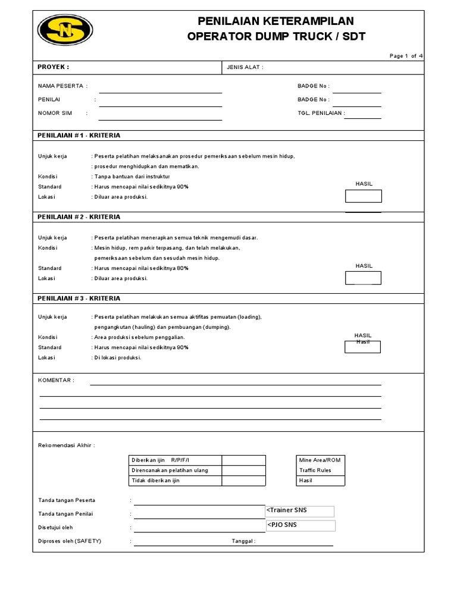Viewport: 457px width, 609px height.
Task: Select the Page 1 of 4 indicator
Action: [406, 56]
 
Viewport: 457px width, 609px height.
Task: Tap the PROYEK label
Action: [54, 67]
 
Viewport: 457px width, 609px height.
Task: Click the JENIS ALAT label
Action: [245, 68]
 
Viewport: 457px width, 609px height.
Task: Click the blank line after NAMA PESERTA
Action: [160, 89]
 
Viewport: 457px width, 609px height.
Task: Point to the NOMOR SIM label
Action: [55, 112]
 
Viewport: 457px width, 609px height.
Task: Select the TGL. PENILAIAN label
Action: [321, 112]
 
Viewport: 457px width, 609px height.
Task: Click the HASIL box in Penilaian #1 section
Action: [364, 196]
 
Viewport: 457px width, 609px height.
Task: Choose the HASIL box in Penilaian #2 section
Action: [364, 278]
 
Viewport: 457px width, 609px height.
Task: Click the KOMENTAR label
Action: [56, 379]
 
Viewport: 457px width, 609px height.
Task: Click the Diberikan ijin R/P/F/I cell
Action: [176, 460]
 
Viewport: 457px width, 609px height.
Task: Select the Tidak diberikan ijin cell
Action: [176, 481]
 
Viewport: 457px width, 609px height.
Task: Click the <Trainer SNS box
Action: [300, 511]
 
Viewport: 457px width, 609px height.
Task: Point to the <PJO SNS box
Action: [301, 525]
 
